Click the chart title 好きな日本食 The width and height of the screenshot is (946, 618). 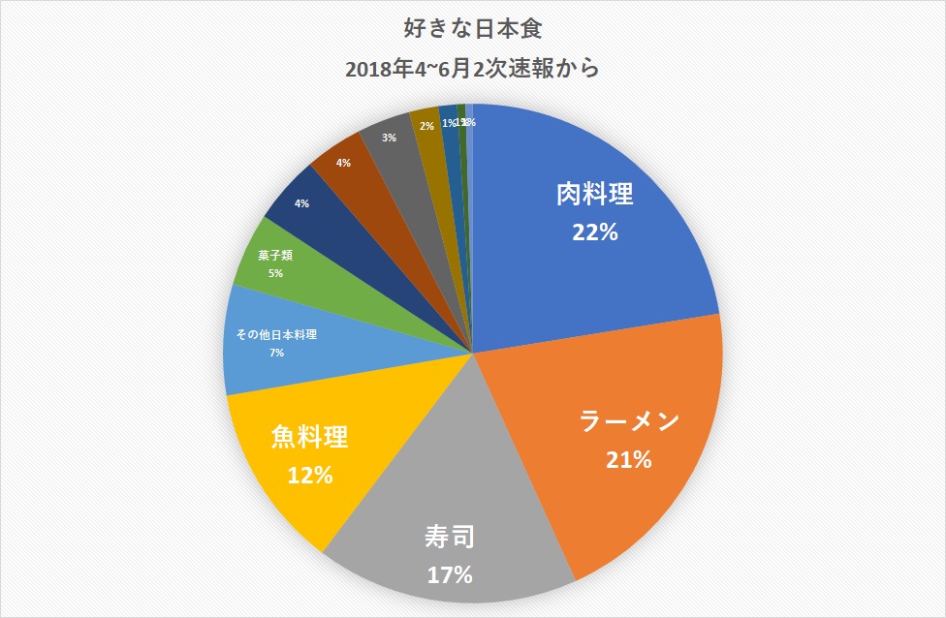[473, 29]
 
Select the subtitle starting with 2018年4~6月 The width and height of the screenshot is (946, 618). [473, 69]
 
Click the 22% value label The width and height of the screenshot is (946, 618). [595, 232]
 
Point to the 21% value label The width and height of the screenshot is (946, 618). [629, 460]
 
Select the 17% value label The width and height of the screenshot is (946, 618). [450, 574]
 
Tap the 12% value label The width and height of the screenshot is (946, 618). [310, 476]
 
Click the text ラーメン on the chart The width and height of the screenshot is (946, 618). [630, 422]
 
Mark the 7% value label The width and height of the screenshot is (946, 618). [277, 353]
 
